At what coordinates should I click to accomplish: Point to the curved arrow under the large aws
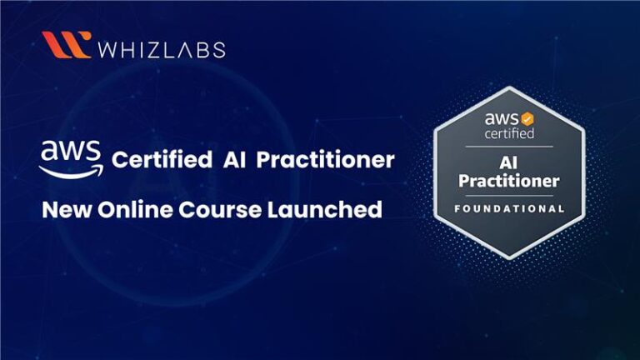(71, 170)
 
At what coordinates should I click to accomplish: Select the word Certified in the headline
(161, 159)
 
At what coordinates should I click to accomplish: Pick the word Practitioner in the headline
(325, 159)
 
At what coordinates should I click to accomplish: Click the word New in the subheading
(66, 208)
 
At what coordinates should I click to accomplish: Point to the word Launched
(330, 208)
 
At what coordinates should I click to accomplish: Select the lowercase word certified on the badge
(509, 133)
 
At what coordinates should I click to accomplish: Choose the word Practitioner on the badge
(509, 180)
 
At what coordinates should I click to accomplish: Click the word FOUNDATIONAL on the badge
(509, 207)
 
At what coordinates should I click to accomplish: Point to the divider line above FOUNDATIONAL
(509, 195)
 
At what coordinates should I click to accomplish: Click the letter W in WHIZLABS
(109, 49)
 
